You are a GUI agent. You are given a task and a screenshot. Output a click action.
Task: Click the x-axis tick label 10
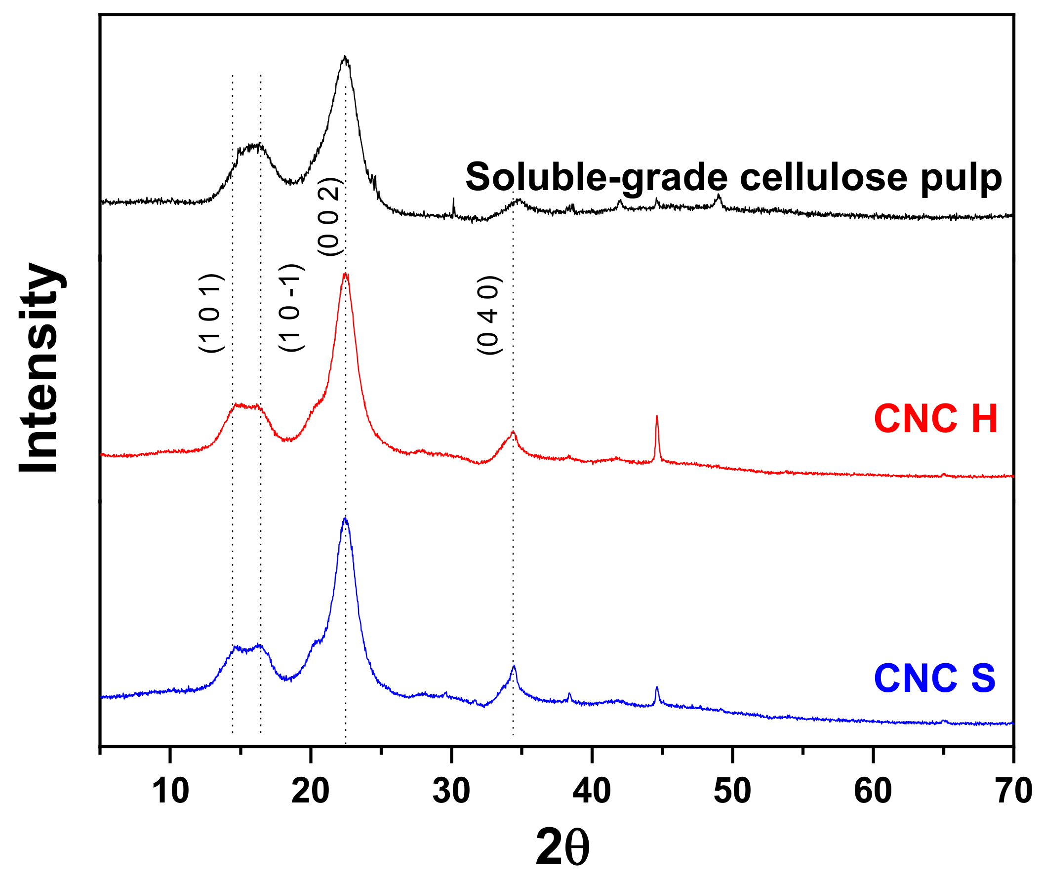[170, 792]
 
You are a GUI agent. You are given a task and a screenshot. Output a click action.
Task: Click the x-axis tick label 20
[310, 792]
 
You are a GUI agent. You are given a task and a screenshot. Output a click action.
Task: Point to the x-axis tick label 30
[451, 792]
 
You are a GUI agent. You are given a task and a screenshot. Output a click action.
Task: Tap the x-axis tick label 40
[592, 792]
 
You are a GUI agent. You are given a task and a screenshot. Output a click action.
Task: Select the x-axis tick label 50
[732, 792]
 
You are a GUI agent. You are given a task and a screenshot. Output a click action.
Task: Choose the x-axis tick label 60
[873, 792]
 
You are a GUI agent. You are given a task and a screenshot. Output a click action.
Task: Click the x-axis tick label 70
[1013, 792]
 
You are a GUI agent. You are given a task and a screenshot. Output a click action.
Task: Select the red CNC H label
[935, 419]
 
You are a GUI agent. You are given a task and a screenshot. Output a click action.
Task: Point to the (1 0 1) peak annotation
[211, 313]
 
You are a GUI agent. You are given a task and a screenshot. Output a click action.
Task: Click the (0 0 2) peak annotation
[330, 216]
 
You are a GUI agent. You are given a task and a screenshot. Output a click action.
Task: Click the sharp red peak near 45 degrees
[656, 417]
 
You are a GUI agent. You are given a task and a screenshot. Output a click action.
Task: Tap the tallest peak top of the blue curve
[345, 519]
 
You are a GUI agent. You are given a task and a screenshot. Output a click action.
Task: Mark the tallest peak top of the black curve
[345, 56]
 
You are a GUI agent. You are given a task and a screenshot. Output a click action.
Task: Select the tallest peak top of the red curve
[345, 274]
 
